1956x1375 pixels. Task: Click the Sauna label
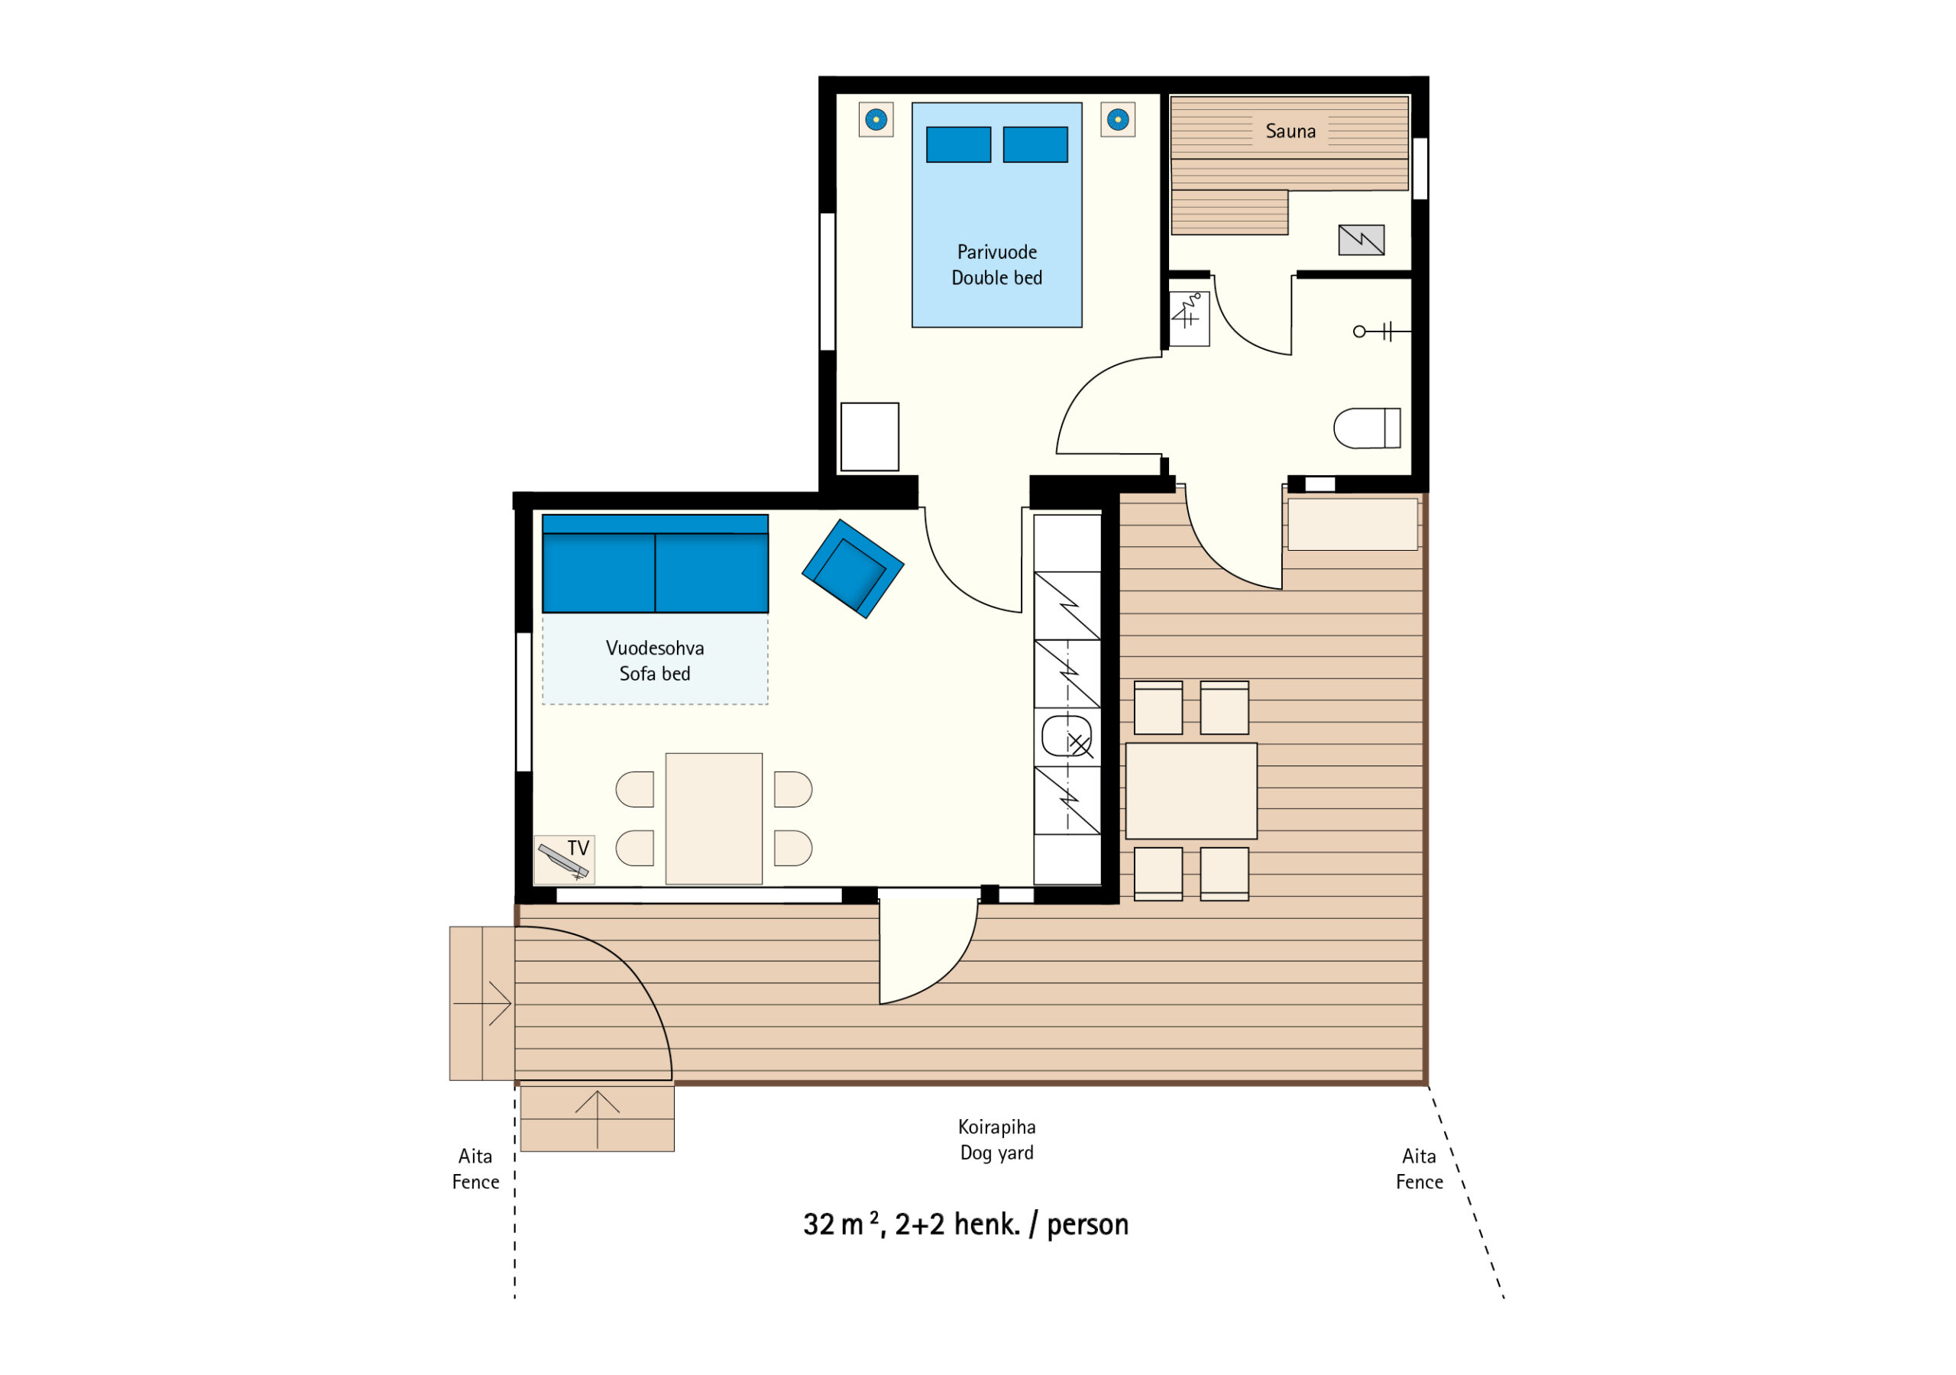pyautogui.click(x=1290, y=131)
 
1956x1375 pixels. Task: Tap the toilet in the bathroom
pyautogui.click(x=1366, y=428)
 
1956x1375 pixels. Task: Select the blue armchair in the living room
pyautogui.click(x=852, y=568)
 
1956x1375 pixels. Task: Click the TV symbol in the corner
pyautogui.click(x=564, y=859)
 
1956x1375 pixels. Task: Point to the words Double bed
pyautogui.click(x=997, y=278)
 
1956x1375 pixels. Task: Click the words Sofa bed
pyautogui.click(x=654, y=674)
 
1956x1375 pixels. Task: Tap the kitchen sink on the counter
pyautogui.click(x=1067, y=737)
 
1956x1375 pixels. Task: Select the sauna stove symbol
pyautogui.click(x=1362, y=240)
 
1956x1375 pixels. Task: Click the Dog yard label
pyautogui.click(x=997, y=1153)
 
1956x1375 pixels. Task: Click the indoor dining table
pyautogui.click(x=714, y=819)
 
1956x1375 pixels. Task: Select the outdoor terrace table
pyautogui.click(x=1191, y=791)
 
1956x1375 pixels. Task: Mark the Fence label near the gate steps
pyautogui.click(x=475, y=1182)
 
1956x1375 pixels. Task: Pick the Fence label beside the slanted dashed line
pyautogui.click(x=1420, y=1182)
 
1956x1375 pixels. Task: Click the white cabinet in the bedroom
pyautogui.click(x=870, y=437)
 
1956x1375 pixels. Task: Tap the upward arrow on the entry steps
pyautogui.click(x=597, y=1119)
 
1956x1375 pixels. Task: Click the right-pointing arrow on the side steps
pyautogui.click(x=482, y=1004)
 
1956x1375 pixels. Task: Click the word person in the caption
pyautogui.click(x=1088, y=1225)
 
